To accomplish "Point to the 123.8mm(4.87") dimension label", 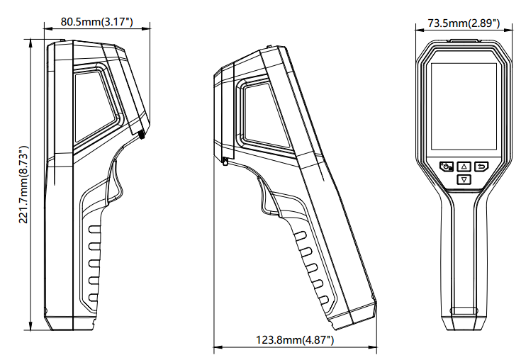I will point(295,340).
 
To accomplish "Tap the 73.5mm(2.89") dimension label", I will point(464,23).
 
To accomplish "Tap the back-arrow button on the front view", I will point(481,167).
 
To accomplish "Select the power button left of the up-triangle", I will point(447,167).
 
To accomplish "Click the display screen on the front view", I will point(464,106).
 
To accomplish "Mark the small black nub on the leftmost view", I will point(142,133).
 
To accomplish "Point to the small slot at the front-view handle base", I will point(464,310).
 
